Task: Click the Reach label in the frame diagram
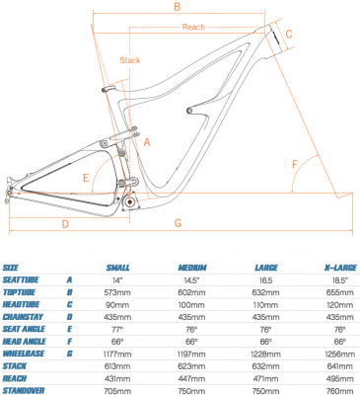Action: [193, 27]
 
